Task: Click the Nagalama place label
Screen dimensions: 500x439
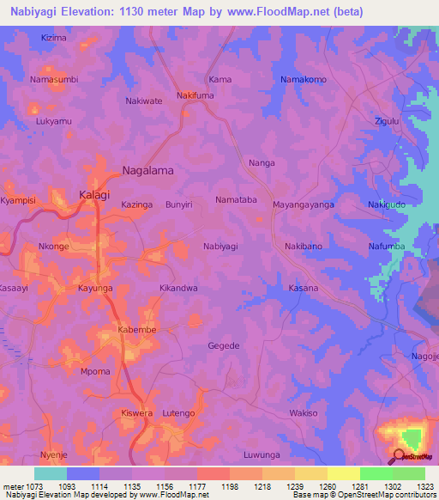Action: pyautogui.click(x=147, y=170)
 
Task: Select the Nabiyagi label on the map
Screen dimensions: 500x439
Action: pyautogui.click(x=220, y=247)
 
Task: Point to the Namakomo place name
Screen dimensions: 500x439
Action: pyautogui.click(x=304, y=80)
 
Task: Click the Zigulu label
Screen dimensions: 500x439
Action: pyautogui.click(x=388, y=121)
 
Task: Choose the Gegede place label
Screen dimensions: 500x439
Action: pyautogui.click(x=225, y=345)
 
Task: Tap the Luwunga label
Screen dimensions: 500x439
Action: pyautogui.click(x=262, y=454)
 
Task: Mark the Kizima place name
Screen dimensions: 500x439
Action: pyautogui.click(x=53, y=39)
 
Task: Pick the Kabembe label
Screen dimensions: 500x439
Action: pyautogui.click(x=136, y=329)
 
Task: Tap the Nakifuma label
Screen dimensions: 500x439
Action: pyautogui.click(x=195, y=95)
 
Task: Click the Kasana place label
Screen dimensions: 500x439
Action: pyautogui.click(x=303, y=288)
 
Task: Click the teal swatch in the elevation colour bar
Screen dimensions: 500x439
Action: pyautogui.click(x=51, y=473)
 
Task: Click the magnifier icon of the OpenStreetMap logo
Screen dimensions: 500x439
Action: pyautogui.click(x=400, y=457)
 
